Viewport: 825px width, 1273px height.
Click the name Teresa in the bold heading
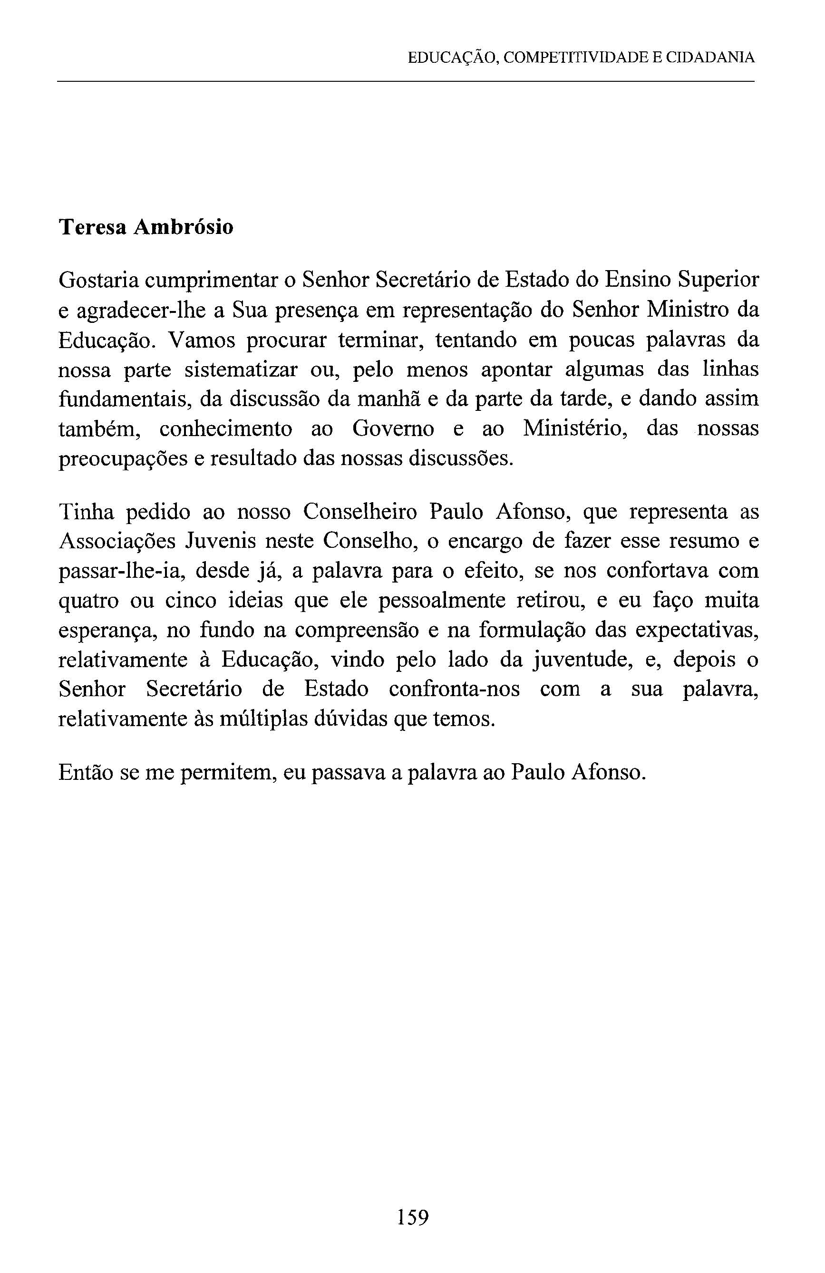91,228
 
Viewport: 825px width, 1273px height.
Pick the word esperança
107,631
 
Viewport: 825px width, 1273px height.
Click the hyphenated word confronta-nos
454,690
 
